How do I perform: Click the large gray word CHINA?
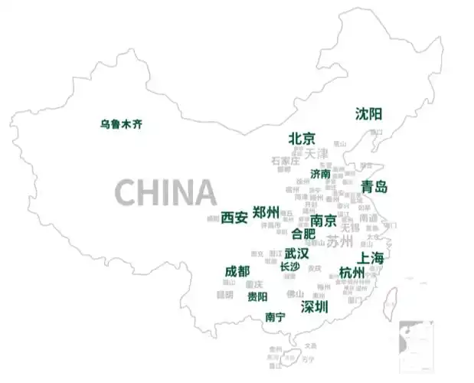click(165, 191)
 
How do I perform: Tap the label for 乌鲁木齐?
click(121, 123)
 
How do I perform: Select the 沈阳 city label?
click(368, 114)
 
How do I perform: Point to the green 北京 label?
click(302, 139)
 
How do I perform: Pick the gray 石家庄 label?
click(285, 161)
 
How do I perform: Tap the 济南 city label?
click(321, 174)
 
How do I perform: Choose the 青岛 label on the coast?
click(374, 187)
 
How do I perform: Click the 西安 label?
click(234, 218)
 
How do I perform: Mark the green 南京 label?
click(324, 221)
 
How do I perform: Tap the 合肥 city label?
click(303, 234)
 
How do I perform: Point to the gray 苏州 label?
click(340, 242)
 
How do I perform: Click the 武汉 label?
click(296, 253)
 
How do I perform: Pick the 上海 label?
click(371, 257)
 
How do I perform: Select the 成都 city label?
click(237, 271)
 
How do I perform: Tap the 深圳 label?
click(314, 306)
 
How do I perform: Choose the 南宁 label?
click(275, 316)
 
